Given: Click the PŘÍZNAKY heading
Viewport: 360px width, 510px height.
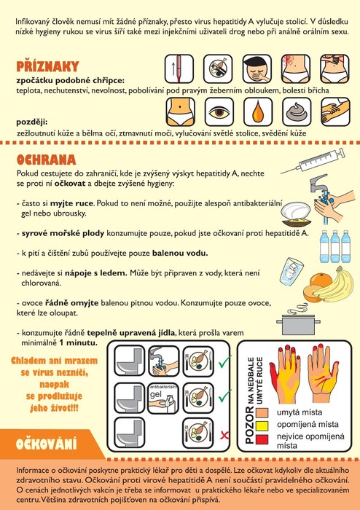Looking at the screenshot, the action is pos(47,66).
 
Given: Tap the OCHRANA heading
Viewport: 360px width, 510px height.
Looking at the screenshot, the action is pos(46,160).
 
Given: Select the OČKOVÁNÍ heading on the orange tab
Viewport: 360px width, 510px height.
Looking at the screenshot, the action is pos(46,444).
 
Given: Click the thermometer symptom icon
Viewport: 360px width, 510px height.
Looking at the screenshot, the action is pos(179,68).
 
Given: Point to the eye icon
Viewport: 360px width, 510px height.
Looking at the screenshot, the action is pos(219,112).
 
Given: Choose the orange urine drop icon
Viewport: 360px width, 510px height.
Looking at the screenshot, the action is pos(257,112).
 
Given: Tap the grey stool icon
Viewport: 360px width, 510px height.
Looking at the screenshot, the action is pos(297,112).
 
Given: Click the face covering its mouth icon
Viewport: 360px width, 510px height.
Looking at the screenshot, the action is pos(257,68).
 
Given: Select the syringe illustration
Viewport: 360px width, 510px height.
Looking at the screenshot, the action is pos(313,161).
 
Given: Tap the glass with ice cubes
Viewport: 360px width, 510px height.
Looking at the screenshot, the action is pos(291,271).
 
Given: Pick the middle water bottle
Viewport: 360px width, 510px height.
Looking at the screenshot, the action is pos(334,246).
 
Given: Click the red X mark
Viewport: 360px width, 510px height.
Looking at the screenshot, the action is pos(224,435).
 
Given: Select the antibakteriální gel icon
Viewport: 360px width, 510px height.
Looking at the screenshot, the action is pos(163,398).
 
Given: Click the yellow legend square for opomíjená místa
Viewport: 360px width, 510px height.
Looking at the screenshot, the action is pos(262,425).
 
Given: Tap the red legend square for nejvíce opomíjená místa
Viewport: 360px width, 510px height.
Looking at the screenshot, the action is pos(262,439).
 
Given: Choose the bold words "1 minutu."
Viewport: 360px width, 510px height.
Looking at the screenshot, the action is pos(78,343).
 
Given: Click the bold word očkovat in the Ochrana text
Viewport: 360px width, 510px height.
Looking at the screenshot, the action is pos(70,184).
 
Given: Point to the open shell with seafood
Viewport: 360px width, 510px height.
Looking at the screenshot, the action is pos(296,213).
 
